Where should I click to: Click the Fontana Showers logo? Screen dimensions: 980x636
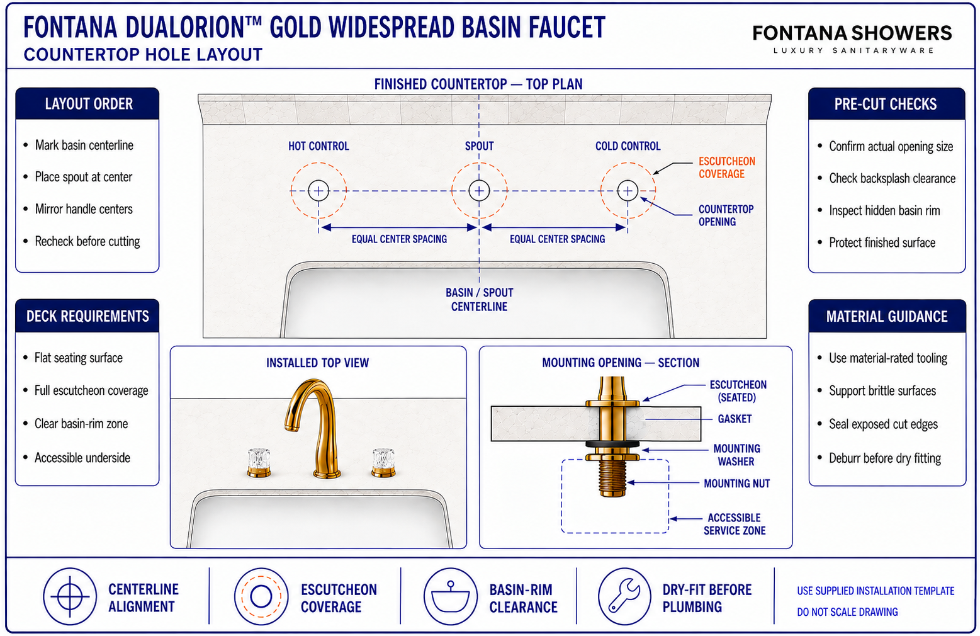[852, 38]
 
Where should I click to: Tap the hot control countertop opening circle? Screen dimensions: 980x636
[318, 181]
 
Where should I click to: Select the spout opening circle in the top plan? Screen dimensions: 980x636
[479, 181]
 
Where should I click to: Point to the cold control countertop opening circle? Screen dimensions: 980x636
[628, 181]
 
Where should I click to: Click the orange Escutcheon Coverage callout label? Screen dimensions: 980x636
[727, 168]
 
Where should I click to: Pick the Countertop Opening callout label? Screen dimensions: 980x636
[726, 215]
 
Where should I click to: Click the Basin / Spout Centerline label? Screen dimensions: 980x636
[480, 299]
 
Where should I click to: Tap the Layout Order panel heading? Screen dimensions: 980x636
[89, 104]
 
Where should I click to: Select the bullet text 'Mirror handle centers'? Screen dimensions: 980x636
[84, 209]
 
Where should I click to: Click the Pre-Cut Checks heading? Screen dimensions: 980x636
[886, 104]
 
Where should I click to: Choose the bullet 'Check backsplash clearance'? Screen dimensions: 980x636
[892, 179]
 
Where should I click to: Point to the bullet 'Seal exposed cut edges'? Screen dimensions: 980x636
[883, 424]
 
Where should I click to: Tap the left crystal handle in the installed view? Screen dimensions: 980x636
[259, 462]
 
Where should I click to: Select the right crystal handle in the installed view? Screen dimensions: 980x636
[384, 462]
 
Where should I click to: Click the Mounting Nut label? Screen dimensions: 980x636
[737, 484]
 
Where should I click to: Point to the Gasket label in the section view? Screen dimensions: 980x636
[735, 419]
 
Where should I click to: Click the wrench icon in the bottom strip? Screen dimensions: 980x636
[624, 596]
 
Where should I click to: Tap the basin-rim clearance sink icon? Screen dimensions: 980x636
[450, 596]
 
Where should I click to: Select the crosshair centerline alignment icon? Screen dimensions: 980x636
[70, 596]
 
